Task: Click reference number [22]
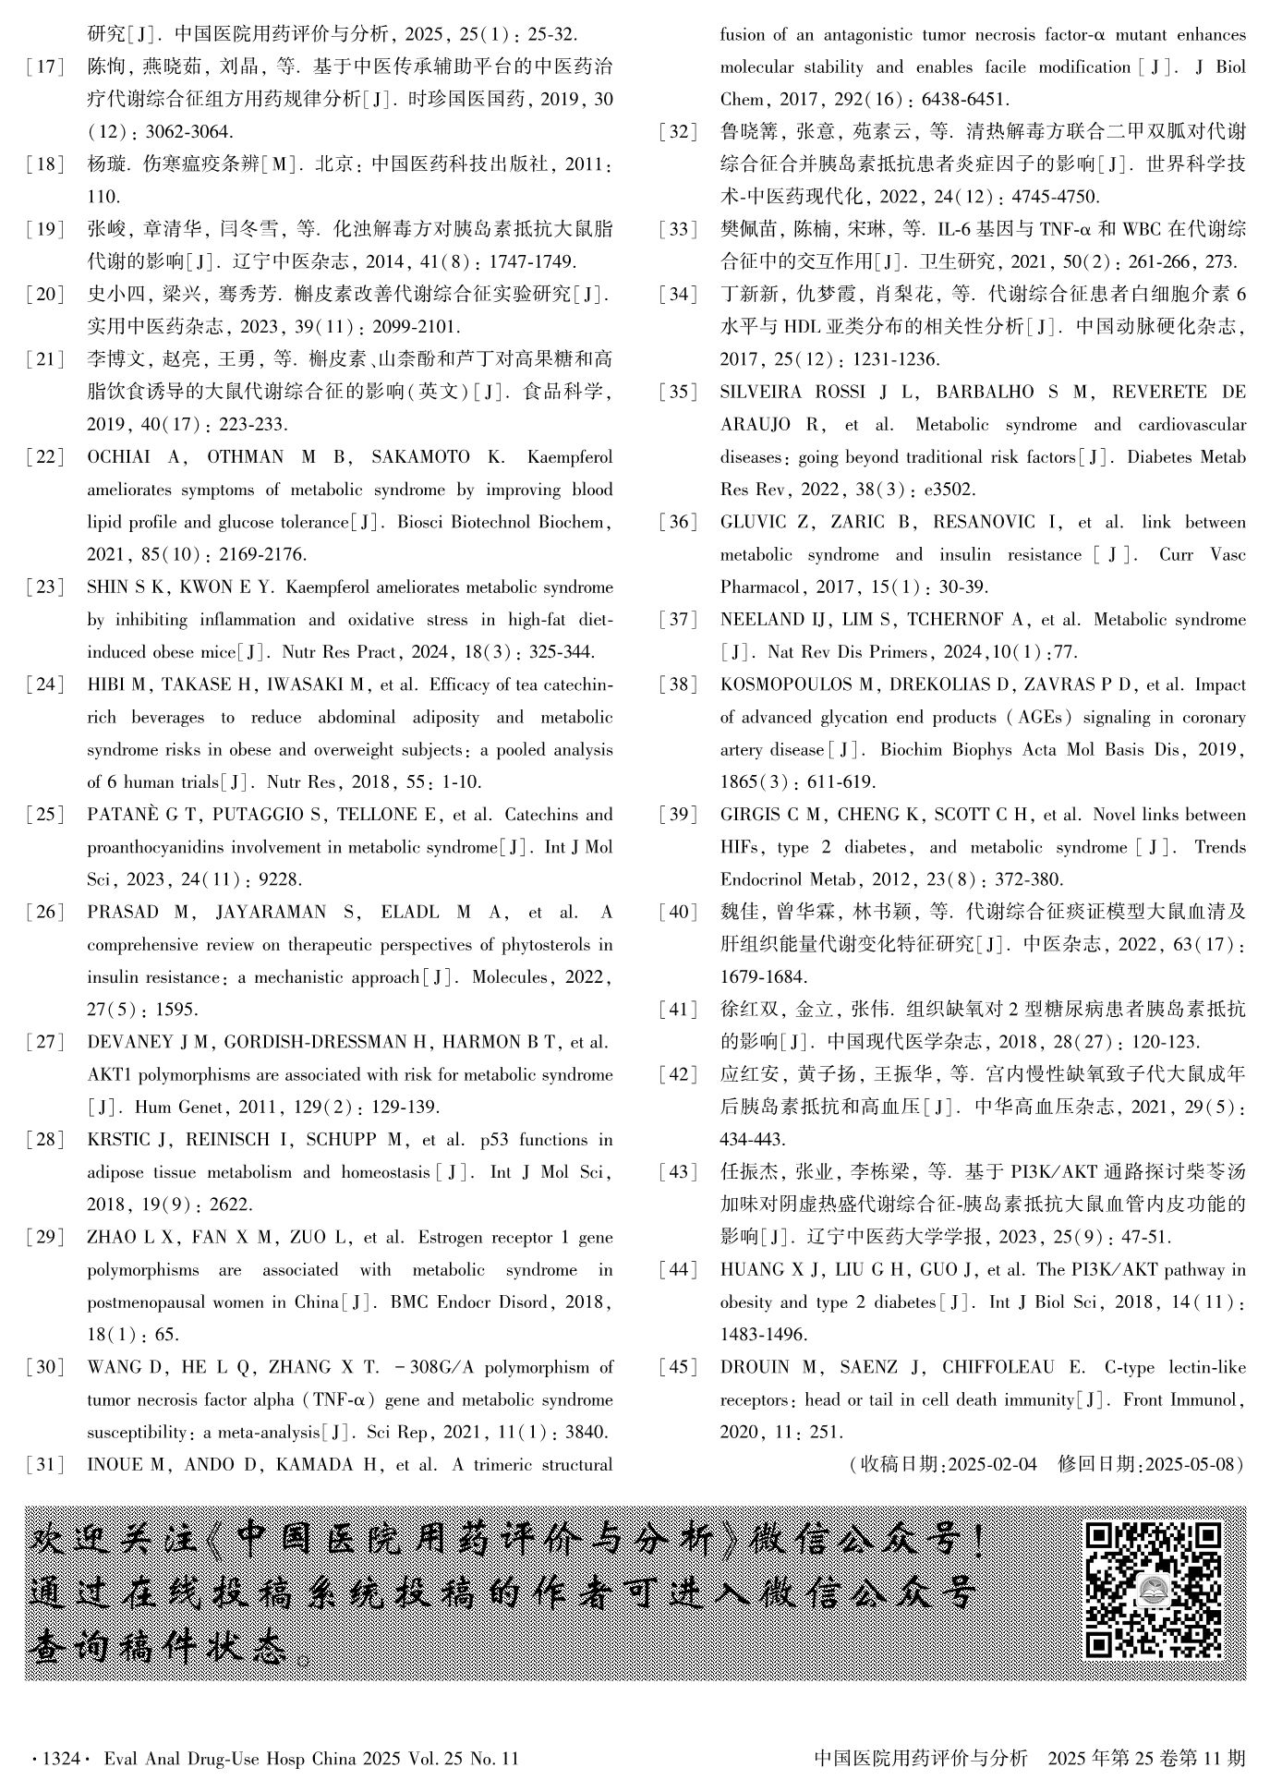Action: click(45, 457)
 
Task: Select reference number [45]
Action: click(678, 1367)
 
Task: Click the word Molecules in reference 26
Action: click(511, 977)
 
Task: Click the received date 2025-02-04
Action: click(992, 1464)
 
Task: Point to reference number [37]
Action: click(678, 620)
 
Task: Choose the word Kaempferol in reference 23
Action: click(328, 587)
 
